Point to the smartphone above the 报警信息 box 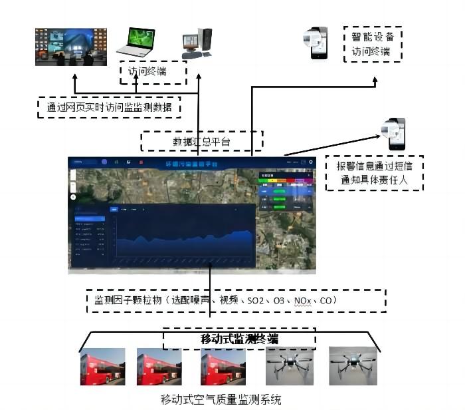[x=394, y=133]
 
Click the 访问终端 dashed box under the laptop [x=153, y=73]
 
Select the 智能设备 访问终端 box [x=373, y=44]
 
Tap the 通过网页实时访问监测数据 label [x=110, y=107]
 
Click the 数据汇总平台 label [x=202, y=141]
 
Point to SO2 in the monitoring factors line [x=255, y=302]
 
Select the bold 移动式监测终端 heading [x=239, y=339]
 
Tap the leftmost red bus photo [x=102, y=367]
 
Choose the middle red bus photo [x=159, y=367]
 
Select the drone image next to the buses [x=288, y=367]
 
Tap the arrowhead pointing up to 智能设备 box [x=375, y=81]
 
